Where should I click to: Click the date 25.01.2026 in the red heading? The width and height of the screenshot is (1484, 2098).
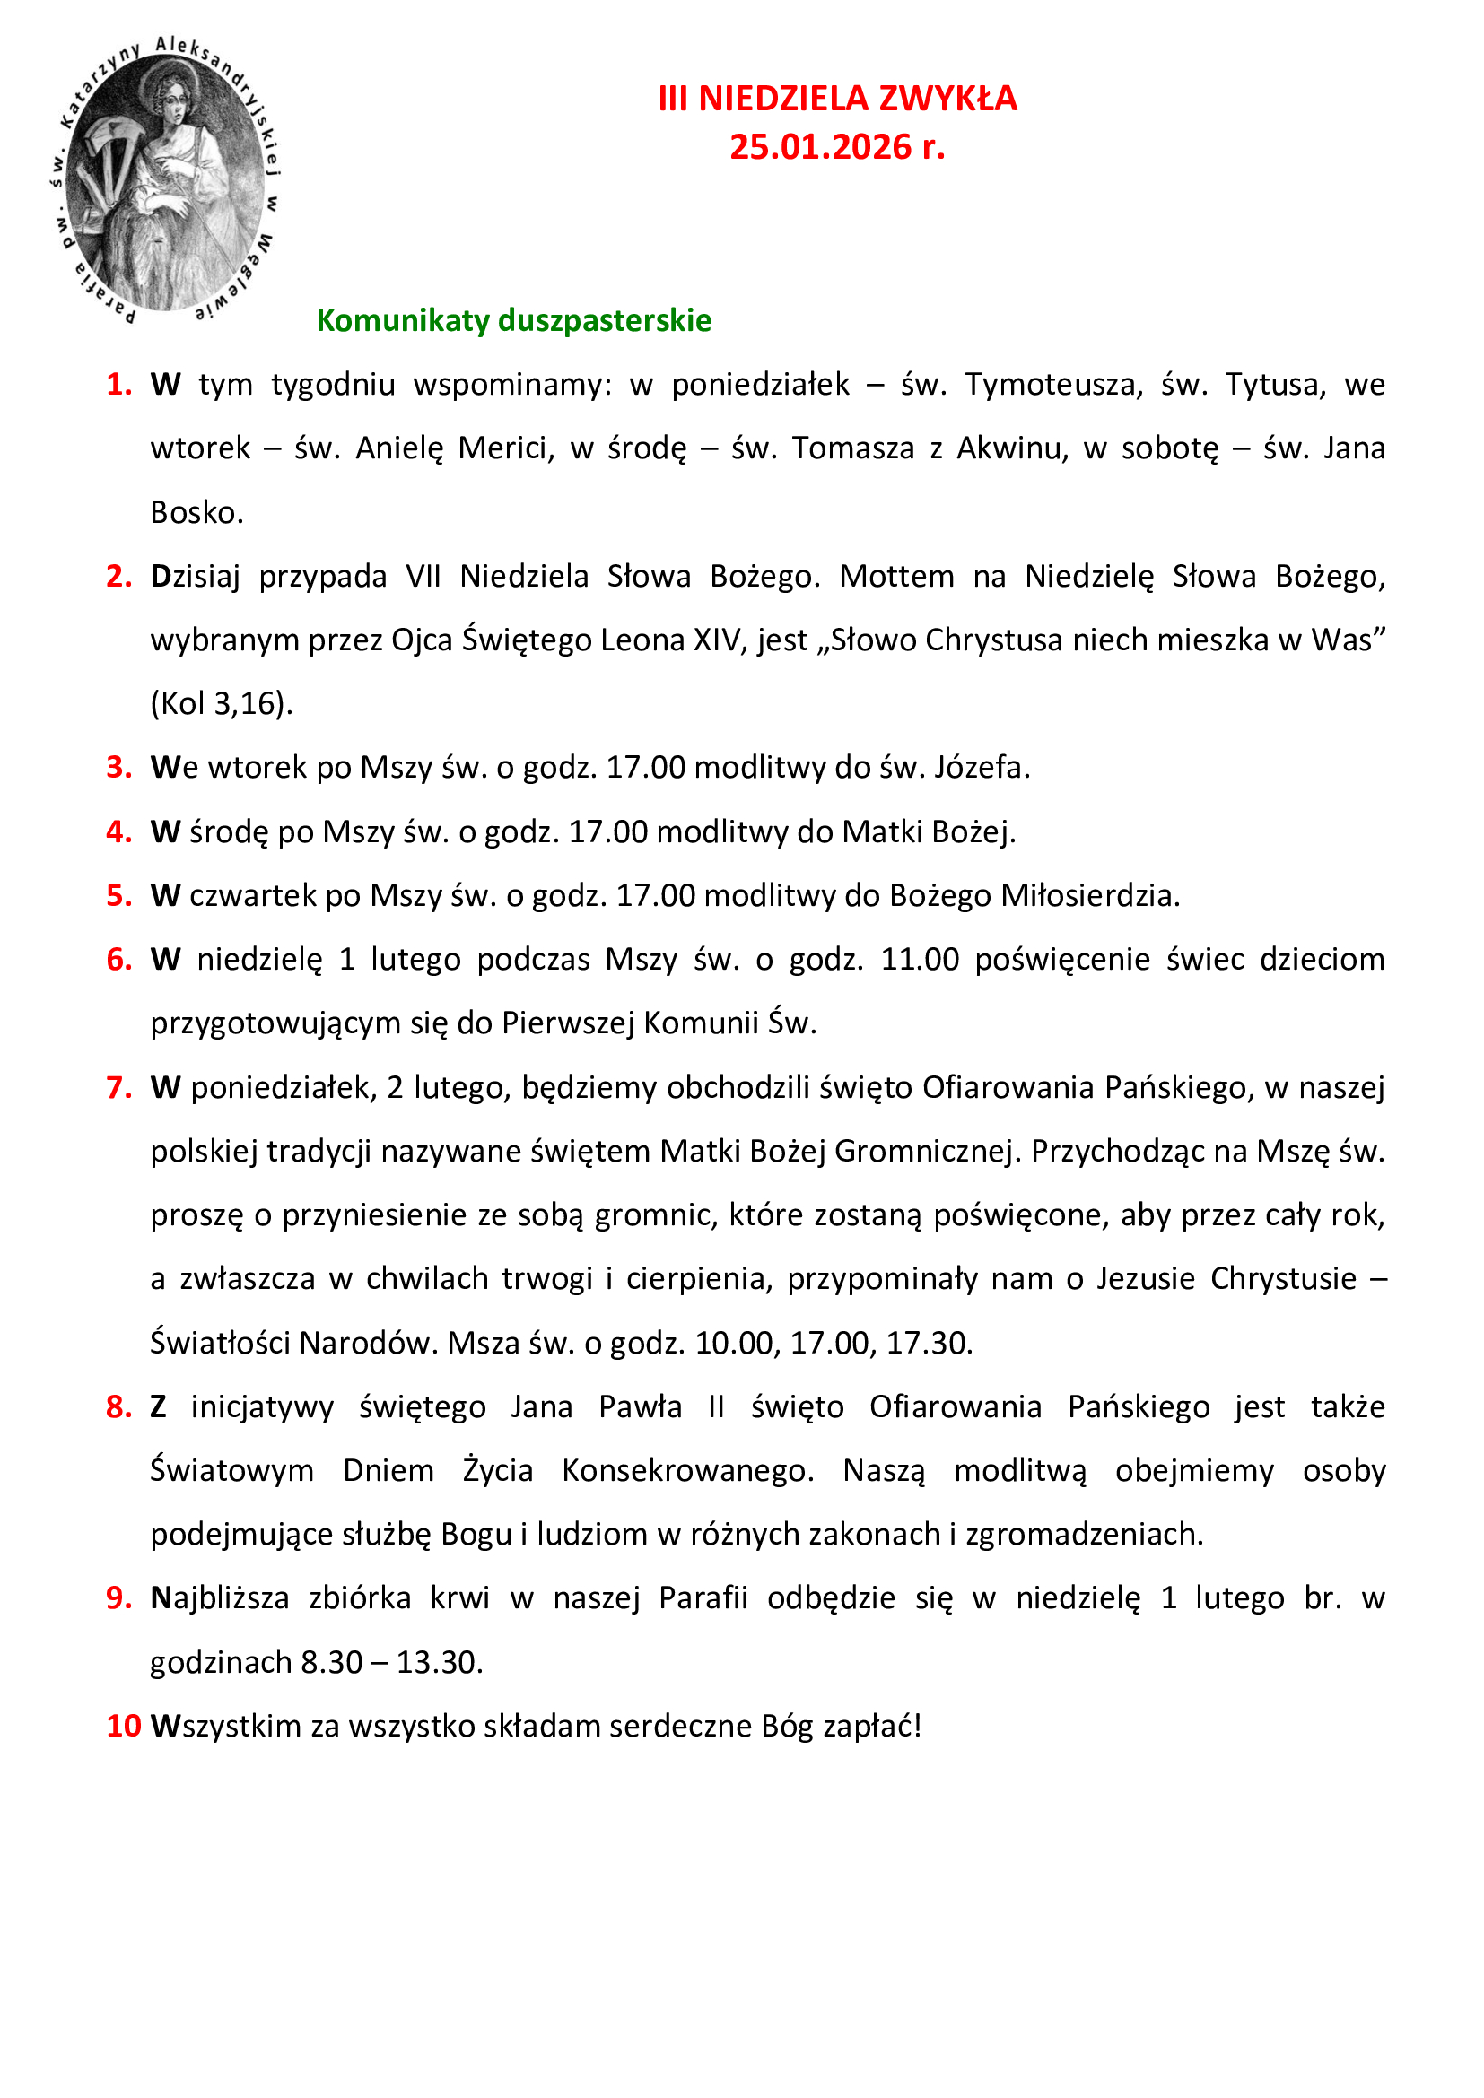click(x=820, y=147)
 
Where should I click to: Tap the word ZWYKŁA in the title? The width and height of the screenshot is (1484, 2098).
click(x=949, y=99)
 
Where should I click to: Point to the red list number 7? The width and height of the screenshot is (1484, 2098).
click(x=118, y=1087)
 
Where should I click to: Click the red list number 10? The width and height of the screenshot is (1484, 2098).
click(x=123, y=1726)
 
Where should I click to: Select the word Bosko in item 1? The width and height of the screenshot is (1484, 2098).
click(x=195, y=513)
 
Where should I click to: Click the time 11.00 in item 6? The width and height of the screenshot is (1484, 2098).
click(x=920, y=960)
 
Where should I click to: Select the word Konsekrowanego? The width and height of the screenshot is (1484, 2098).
click(x=687, y=1471)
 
